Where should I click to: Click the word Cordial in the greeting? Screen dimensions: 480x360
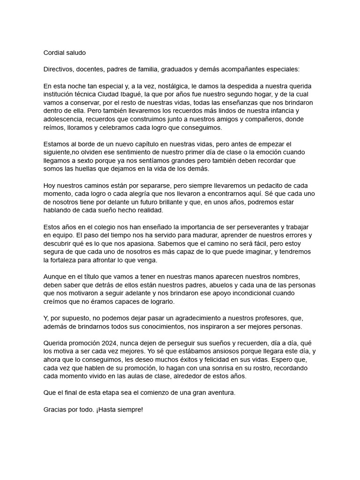click(x=54, y=53)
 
